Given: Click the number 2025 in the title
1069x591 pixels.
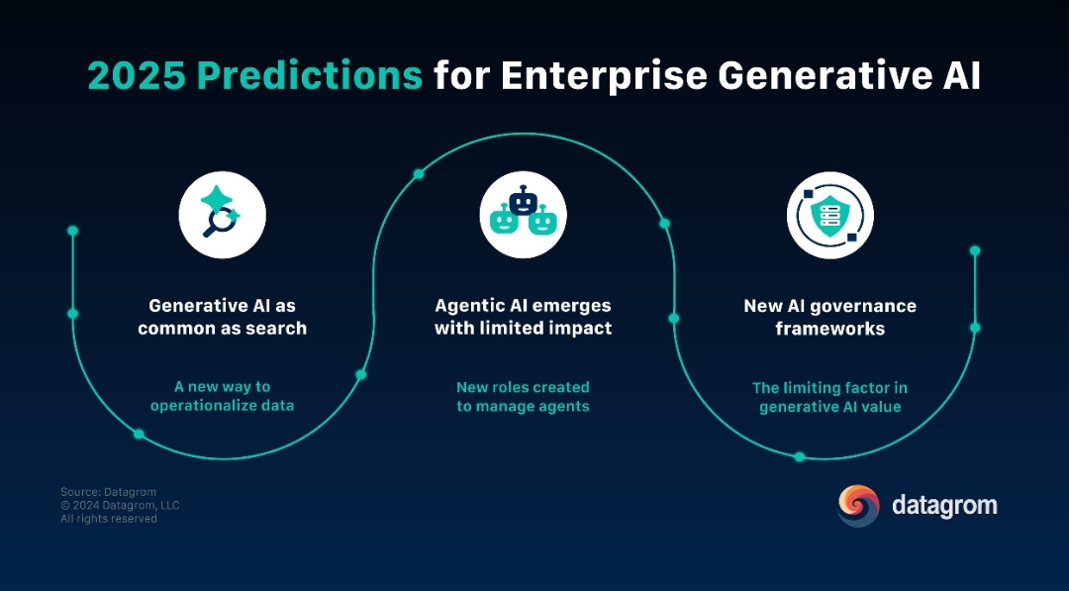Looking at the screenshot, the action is (x=137, y=75).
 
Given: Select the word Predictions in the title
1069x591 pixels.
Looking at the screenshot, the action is (x=310, y=75).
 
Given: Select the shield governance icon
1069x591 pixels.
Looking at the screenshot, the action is (x=829, y=215).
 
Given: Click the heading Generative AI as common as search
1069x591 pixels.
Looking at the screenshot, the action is (x=223, y=317).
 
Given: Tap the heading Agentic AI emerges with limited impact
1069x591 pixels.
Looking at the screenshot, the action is (x=523, y=317).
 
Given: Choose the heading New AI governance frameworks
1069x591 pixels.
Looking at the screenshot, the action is (x=829, y=317).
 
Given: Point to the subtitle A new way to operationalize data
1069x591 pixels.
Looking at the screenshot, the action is (x=223, y=396).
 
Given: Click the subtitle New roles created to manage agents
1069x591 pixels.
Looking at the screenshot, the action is (x=523, y=397).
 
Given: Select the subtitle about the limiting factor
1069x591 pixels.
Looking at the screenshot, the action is (x=829, y=397).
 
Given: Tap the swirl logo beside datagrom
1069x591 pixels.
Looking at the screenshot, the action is (x=858, y=506).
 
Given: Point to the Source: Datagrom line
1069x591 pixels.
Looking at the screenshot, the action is (x=109, y=492).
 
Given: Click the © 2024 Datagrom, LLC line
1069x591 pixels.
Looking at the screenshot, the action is (x=120, y=505).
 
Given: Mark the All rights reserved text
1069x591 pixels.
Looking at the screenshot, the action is (x=109, y=519).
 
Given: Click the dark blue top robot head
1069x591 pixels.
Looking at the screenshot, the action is (x=523, y=202).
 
